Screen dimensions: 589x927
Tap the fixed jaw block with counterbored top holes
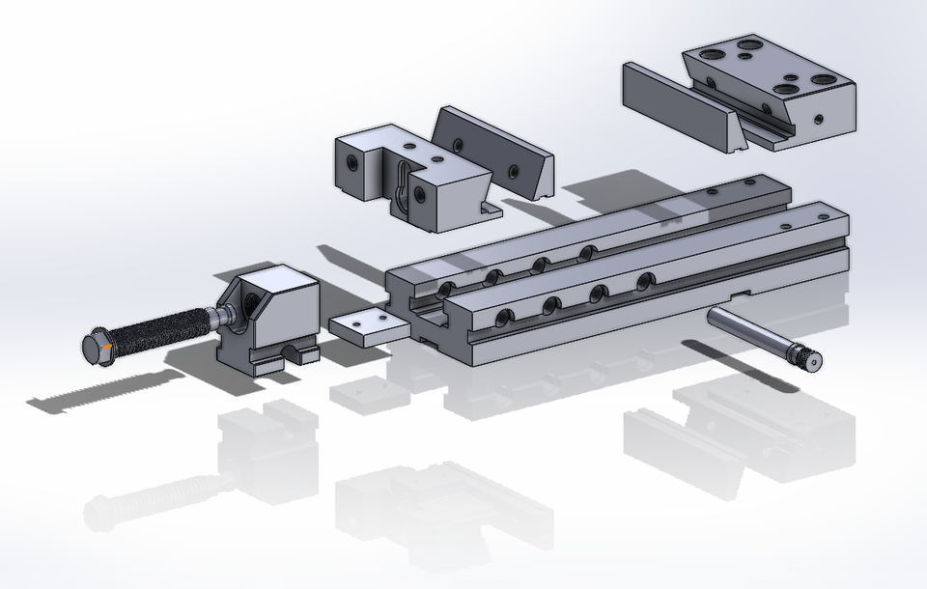(772, 87)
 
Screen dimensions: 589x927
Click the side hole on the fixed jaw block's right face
(819, 120)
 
